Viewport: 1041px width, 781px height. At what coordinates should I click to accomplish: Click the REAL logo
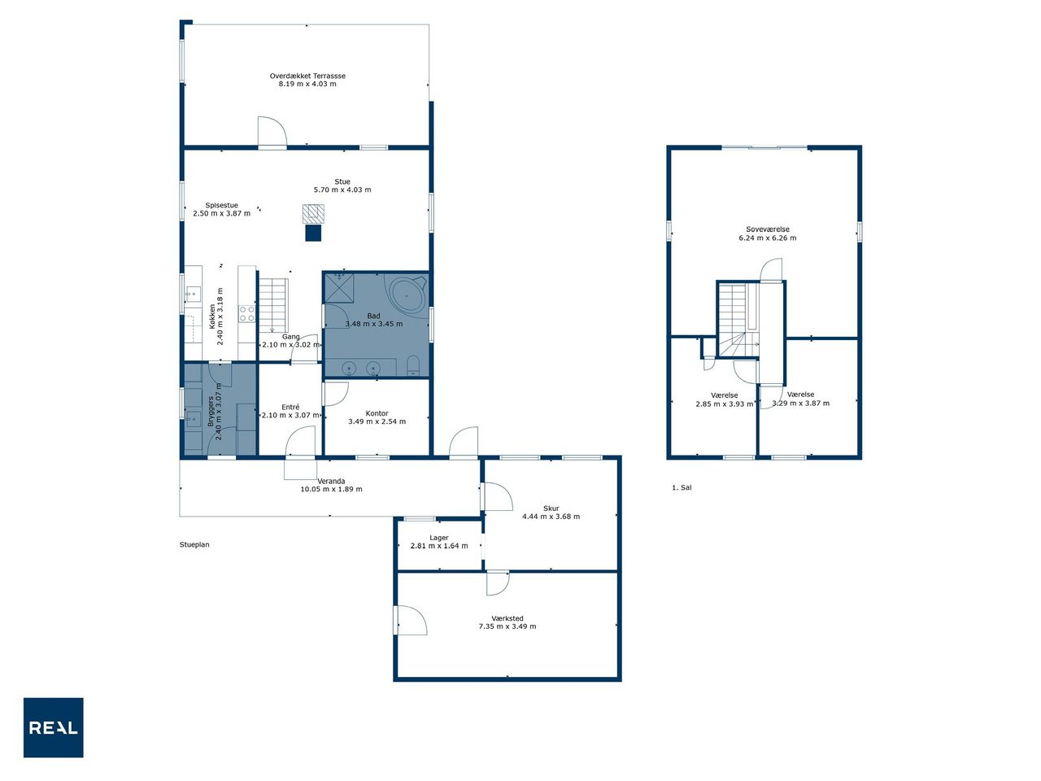click(x=54, y=727)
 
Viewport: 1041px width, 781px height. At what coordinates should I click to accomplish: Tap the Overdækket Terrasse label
click(x=307, y=76)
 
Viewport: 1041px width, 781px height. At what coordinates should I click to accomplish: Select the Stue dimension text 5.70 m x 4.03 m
click(x=342, y=190)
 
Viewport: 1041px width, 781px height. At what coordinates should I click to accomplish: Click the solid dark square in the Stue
click(x=313, y=233)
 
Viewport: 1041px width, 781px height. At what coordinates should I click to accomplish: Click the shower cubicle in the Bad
click(x=339, y=287)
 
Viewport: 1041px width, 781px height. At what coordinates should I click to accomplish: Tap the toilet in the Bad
click(x=413, y=365)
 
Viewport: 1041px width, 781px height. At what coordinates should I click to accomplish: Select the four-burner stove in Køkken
click(x=246, y=314)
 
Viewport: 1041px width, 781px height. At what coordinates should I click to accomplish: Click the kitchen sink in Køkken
click(x=193, y=294)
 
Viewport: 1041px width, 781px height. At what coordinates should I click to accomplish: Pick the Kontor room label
click(x=377, y=413)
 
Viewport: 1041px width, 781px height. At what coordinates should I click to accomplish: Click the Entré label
click(x=290, y=407)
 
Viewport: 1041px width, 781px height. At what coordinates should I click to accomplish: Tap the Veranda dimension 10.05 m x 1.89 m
click(x=331, y=489)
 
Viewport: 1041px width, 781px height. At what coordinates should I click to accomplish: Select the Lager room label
click(x=438, y=538)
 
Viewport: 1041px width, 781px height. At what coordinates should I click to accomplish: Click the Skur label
click(x=551, y=508)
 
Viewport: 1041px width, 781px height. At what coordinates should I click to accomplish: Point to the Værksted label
click(x=507, y=618)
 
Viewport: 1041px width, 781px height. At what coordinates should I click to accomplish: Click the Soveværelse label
click(x=768, y=229)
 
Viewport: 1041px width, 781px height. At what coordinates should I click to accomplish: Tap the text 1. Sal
click(x=682, y=487)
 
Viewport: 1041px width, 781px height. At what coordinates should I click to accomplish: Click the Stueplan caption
click(x=194, y=545)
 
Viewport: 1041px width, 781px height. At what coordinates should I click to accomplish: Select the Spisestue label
click(x=221, y=205)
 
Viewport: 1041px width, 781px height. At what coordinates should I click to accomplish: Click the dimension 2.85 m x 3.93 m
click(x=724, y=404)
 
